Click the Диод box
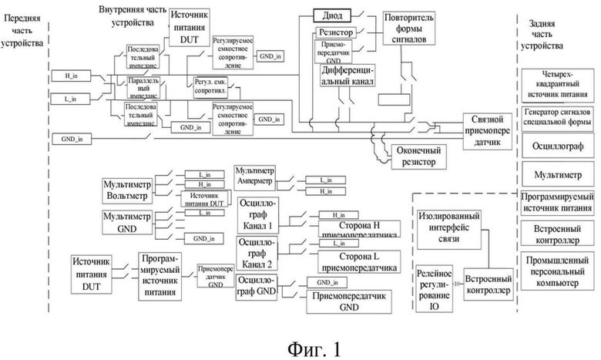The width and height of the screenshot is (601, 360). coord(333,15)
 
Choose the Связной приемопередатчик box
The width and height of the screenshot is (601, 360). coord(487,127)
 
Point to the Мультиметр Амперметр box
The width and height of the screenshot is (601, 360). coord(255,177)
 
